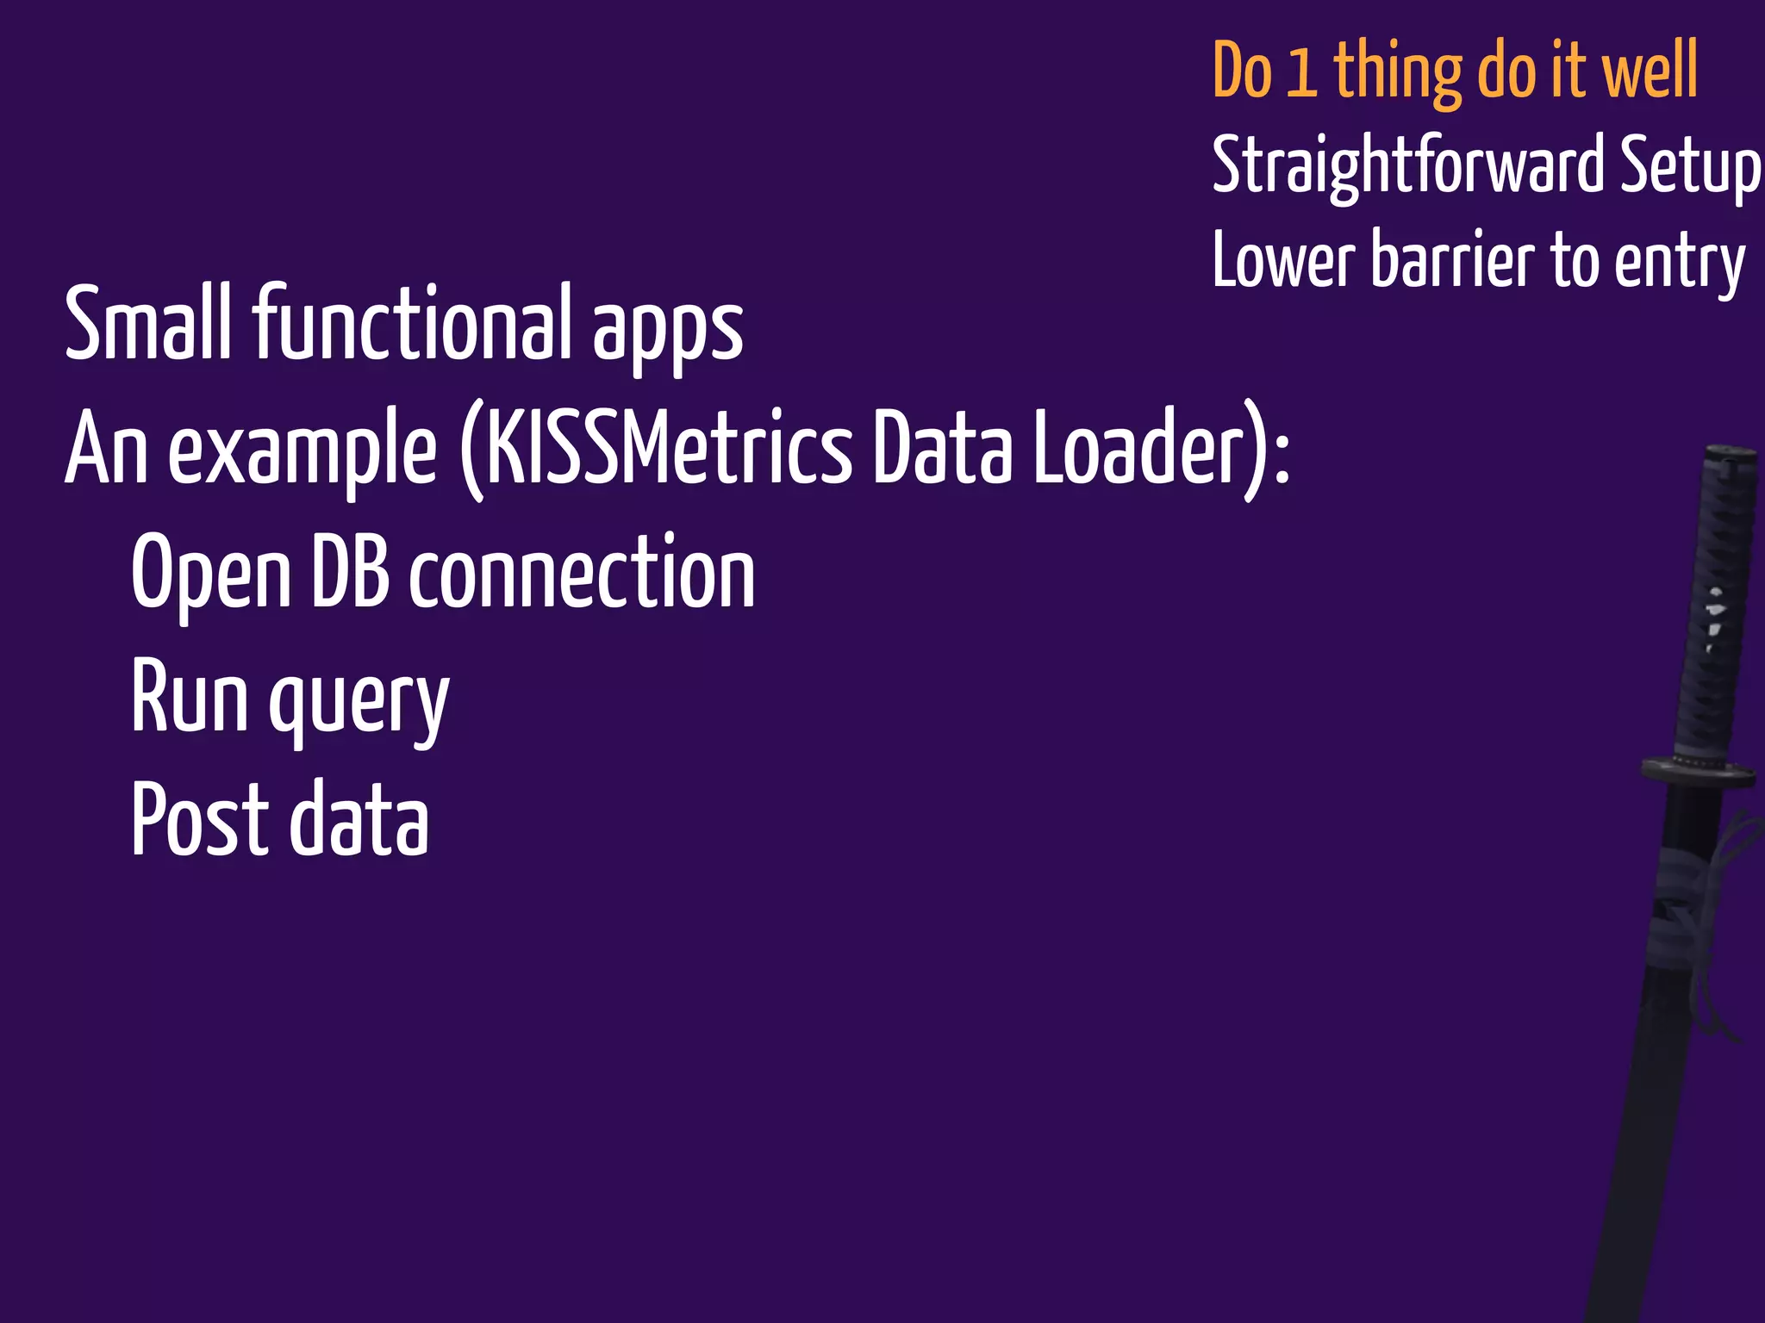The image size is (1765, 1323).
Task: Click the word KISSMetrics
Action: (x=668, y=450)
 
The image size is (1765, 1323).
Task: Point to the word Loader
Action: (x=1138, y=450)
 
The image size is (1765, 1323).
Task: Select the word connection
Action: (x=582, y=574)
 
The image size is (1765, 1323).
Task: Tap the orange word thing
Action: (x=1397, y=74)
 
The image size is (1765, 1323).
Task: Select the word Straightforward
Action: (x=1407, y=166)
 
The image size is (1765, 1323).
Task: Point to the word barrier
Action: (x=1451, y=261)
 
